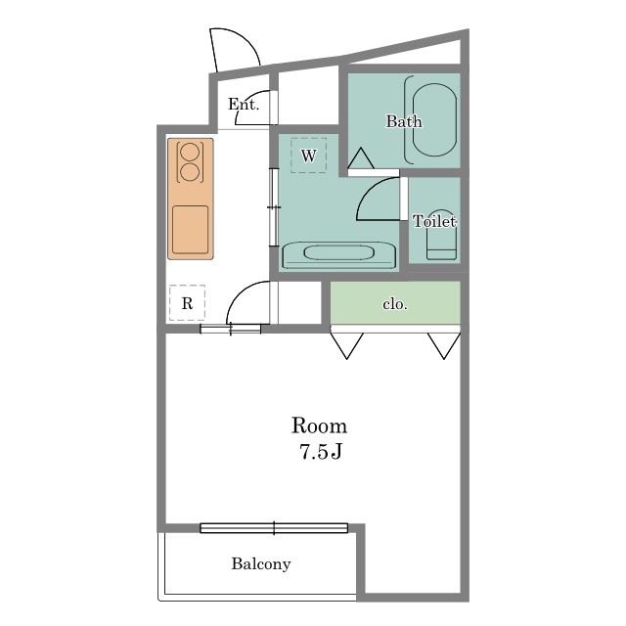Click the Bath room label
pyautogui.click(x=404, y=121)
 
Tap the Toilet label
pyautogui.click(x=434, y=221)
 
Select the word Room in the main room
pyautogui.click(x=319, y=425)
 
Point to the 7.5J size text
pyautogui.click(x=321, y=452)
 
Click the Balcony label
pyautogui.click(x=261, y=564)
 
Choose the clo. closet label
pyautogui.click(x=395, y=304)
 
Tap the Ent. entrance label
pyautogui.click(x=244, y=105)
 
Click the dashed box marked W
pyautogui.click(x=309, y=156)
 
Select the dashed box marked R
pyautogui.click(x=187, y=302)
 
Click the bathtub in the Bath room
pyautogui.click(x=434, y=119)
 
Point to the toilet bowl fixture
pyautogui.click(x=441, y=236)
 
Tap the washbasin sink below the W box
pyautogui.click(x=339, y=254)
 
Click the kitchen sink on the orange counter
pyautogui.click(x=191, y=230)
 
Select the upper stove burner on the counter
pyautogui.click(x=190, y=152)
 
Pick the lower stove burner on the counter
pyautogui.click(x=190, y=172)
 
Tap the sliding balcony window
pyautogui.click(x=274, y=528)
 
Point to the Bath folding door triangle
pyautogui.click(x=361, y=158)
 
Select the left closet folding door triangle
pyautogui.click(x=346, y=345)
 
